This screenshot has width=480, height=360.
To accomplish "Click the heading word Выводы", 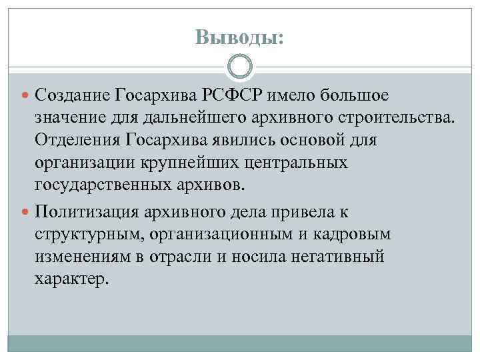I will click(x=239, y=37).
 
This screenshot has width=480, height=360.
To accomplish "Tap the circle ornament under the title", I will click(x=240, y=67).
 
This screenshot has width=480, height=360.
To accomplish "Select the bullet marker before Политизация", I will click(x=27, y=213).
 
